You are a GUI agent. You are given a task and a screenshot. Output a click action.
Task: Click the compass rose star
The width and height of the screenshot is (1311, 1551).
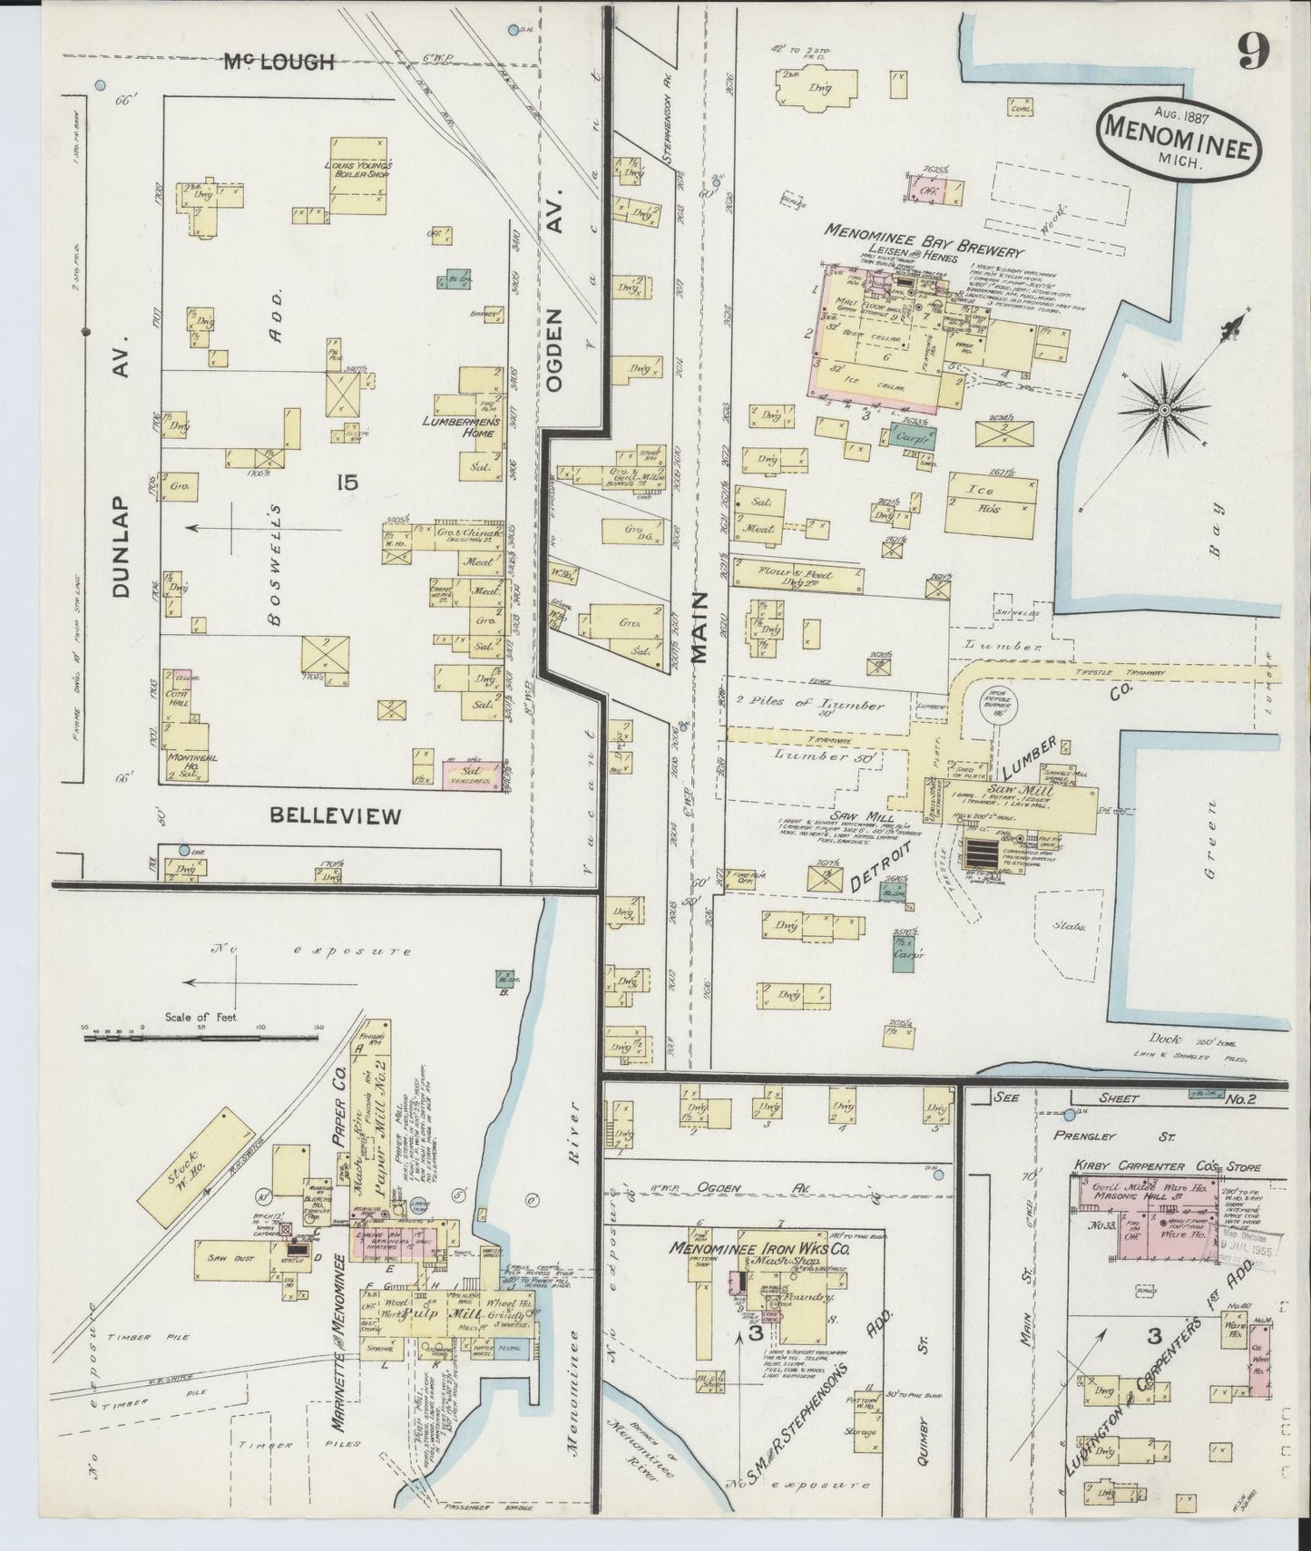(1163, 410)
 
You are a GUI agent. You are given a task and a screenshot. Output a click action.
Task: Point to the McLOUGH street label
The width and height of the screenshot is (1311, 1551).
(279, 63)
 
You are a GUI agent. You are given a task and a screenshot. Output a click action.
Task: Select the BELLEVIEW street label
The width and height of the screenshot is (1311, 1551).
(336, 816)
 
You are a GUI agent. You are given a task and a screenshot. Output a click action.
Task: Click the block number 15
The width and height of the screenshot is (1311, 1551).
(347, 483)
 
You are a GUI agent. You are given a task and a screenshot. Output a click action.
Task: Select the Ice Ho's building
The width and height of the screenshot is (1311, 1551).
(990, 502)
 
